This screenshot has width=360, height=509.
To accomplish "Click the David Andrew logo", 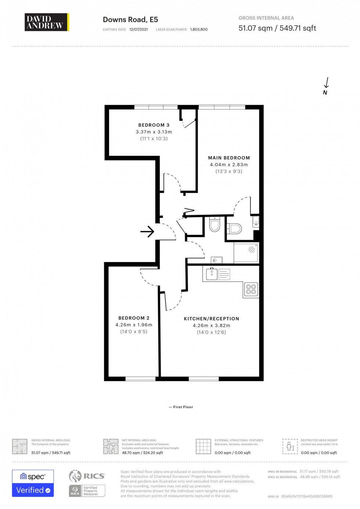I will click(x=47, y=22).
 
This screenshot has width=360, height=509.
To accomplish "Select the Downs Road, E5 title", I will click(x=130, y=20).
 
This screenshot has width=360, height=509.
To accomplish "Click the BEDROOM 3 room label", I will click(x=154, y=125).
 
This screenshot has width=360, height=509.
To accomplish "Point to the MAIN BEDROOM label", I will click(x=229, y=158).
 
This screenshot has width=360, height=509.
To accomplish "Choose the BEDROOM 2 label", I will click(x=134, y=318).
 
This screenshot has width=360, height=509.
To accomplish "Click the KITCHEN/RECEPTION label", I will click(x=211, y=319).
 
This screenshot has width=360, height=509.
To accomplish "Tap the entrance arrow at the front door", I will click(x=147, y=232).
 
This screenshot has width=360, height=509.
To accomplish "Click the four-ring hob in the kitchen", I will click(x=251, y=289).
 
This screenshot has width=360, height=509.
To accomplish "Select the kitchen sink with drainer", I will click(x=218, y=274).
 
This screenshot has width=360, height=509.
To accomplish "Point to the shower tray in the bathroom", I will click(x=246, y=252).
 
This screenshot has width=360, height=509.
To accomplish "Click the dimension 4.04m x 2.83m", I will click(x=229, y=165).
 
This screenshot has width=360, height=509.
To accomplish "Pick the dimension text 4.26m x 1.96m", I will click(x=134, y=325).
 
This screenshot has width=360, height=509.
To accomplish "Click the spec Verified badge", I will click(x=33, y=483).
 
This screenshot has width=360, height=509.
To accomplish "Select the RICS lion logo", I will click(x=75, y=476).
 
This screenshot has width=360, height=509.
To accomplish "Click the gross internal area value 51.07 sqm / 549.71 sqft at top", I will click(x=277, y=28).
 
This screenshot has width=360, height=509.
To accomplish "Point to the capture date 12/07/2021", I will click(x=138, y=29).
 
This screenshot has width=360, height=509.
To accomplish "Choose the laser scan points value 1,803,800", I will click(x=199, y=29).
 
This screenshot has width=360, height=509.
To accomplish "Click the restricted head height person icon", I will click(x=290, y=446).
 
